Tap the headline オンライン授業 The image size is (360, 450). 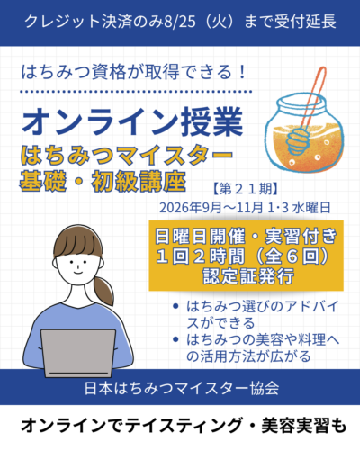click(x=132, y=121)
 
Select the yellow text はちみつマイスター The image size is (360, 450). click(x=126, y=156)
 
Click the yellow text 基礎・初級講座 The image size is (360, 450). click(x=103, y=181)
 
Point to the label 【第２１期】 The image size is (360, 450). click(x=245, y=189)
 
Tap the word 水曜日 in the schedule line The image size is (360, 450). click(x=311, y=207)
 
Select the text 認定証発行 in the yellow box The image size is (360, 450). click(x=248, y=275)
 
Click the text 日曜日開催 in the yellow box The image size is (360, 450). click(x=200, y=236)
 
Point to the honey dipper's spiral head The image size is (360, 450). click(x=297, y=139)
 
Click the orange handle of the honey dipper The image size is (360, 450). click(x=313, y=97)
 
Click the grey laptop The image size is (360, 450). click(x=78, y=353)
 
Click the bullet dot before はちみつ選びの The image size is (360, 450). click(x=175, y=306)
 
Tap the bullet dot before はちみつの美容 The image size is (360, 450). click(x=175, y=339)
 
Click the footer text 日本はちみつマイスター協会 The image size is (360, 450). click(x=182, y=388)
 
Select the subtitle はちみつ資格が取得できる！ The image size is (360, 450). click(x=134, y=73)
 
